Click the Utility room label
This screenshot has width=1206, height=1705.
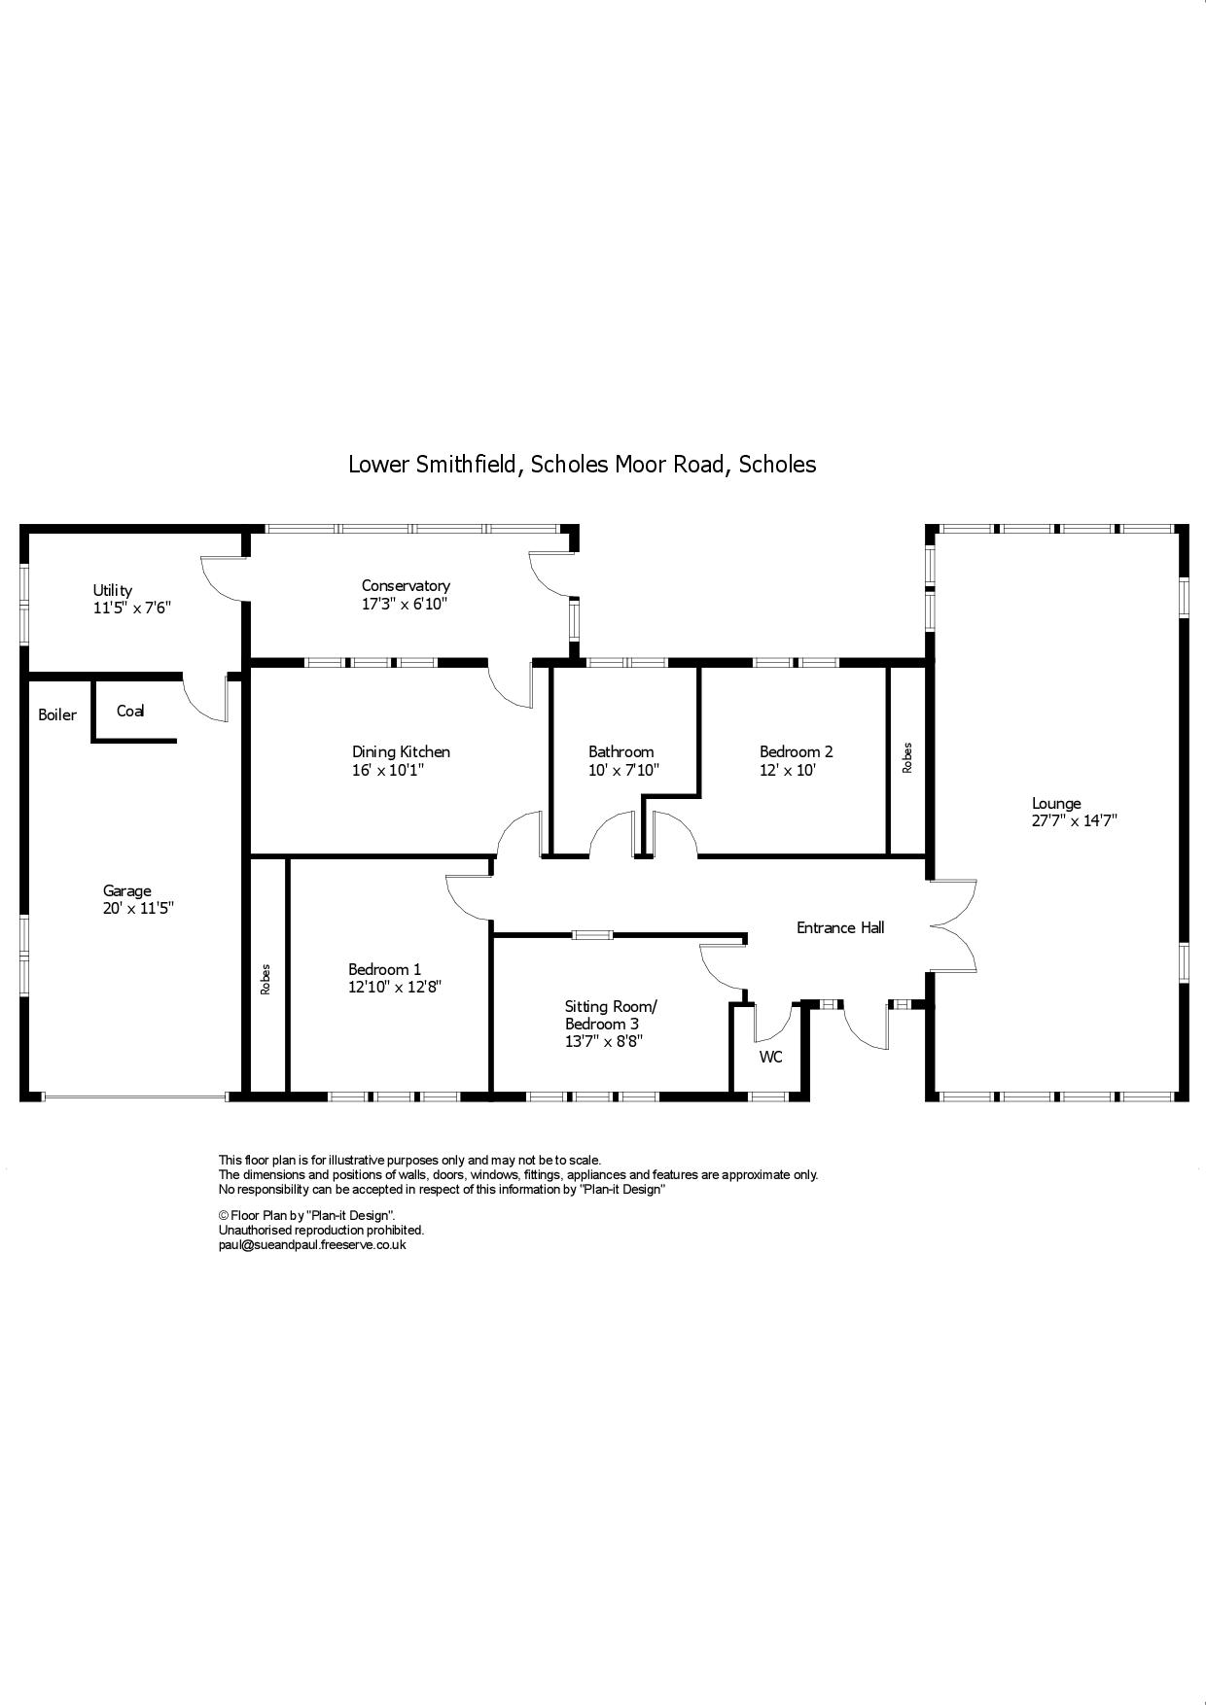(112, 590)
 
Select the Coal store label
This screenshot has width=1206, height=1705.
(130, 711)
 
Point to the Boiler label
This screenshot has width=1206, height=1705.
(57, 715)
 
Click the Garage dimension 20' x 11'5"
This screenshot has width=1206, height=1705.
(138, 909)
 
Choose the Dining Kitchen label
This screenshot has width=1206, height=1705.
(401, 751)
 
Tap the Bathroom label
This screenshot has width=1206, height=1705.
(621, 751)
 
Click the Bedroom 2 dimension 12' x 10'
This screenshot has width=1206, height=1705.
(787, 770)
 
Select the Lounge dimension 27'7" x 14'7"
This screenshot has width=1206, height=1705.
(1074, 820)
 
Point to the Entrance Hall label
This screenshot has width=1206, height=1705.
(840, 927)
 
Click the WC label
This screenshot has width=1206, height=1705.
(770, 1057)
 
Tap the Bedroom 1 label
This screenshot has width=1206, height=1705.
(385, 969)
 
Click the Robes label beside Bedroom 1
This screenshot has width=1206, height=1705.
(266, 979)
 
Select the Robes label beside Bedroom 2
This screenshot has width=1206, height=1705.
(907, 757)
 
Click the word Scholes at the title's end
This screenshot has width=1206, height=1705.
(777, 465)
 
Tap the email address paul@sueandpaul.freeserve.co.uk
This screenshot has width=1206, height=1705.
(312, 1244)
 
